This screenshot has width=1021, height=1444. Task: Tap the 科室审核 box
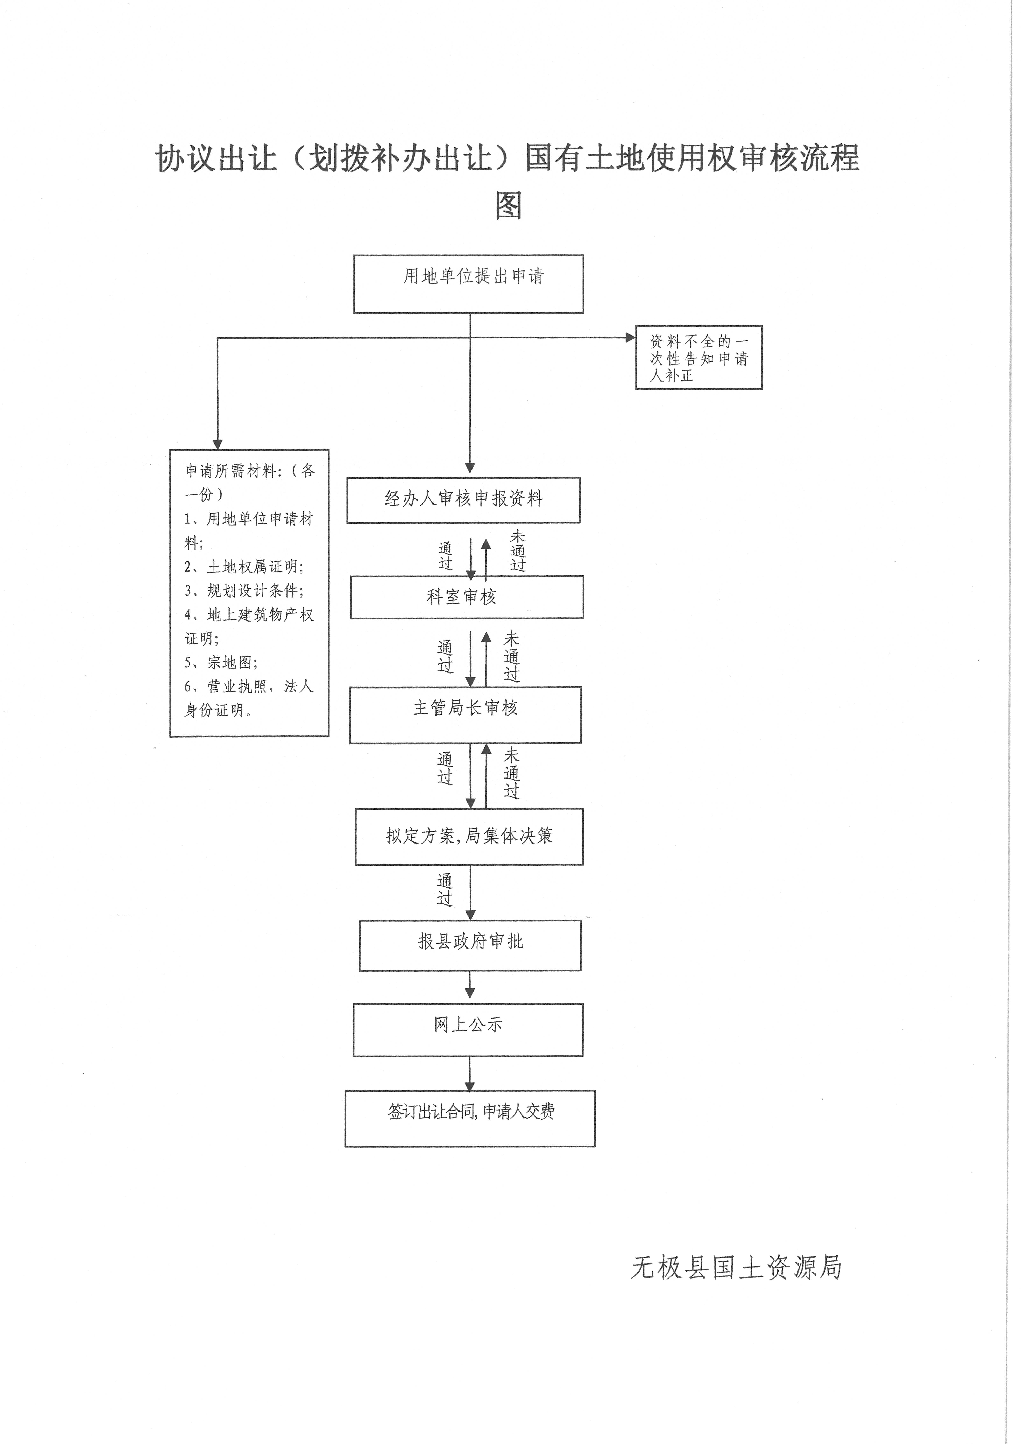(x=467, y=597)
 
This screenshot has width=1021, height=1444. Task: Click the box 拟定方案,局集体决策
(x=469, y=837)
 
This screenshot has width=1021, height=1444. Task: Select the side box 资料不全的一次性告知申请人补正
(x=699, y=358)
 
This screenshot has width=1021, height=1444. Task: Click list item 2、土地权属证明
(x=244, y=567)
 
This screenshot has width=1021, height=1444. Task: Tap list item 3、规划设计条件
(x=244, y=591)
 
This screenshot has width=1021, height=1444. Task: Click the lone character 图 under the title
(x=509, y=205)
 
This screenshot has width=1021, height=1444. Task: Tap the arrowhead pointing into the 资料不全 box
(x=630, y=338)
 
